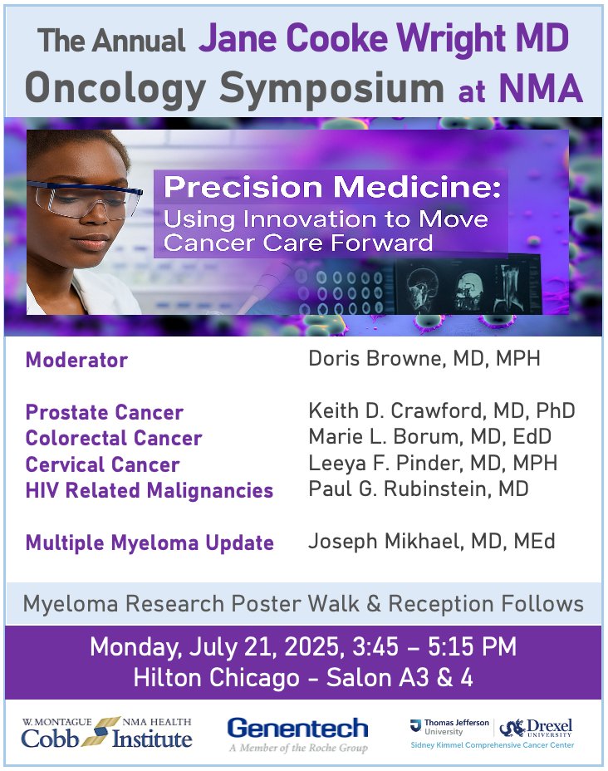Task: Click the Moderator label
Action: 76,361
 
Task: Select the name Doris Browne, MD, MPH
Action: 424,360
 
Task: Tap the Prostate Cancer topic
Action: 105,412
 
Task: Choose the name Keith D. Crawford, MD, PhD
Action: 441,411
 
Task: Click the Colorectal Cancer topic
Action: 114,438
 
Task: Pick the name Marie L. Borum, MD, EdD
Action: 429,437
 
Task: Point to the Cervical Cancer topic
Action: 102,464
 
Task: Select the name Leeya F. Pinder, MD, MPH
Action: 433,463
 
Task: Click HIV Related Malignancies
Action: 150,490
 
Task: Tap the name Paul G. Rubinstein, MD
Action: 418,489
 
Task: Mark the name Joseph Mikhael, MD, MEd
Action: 432,543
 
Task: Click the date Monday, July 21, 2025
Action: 223,647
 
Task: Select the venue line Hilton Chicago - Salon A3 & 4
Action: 303,678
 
